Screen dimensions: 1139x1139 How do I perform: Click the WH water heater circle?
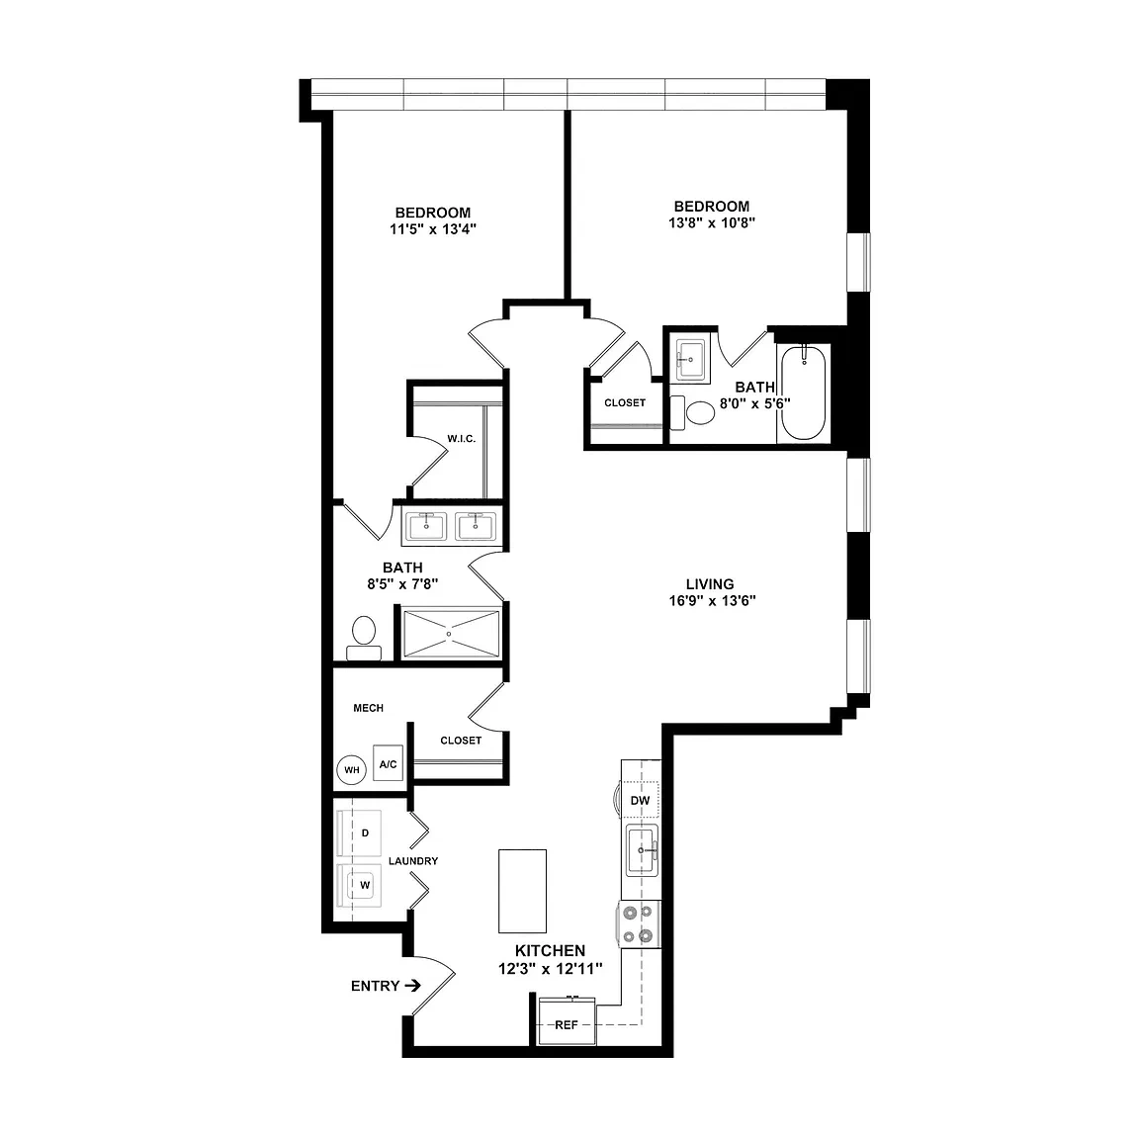(x=352, y=770)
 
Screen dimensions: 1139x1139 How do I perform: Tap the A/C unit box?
(x=388, y=763)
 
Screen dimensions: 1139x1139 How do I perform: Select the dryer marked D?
(x=359, y=833)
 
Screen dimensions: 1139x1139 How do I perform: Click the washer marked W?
(x=359, y=885)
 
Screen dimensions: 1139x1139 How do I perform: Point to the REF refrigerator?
(x=567, y=1021)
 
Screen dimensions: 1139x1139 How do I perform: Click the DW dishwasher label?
(x=640, y=801)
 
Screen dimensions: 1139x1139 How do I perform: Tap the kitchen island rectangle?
(x=522, y=891)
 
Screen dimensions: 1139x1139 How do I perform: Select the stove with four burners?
(x=640, y=924)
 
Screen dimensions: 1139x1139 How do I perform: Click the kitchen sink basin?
(x=642, y=850)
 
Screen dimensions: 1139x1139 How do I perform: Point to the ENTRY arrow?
(x=412, y=986)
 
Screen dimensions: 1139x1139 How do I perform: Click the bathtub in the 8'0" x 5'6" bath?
(x=804, y=393)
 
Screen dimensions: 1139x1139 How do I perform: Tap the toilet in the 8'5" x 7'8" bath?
(x=364, y=638)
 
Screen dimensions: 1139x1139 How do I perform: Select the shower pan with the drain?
(x=451, y=634)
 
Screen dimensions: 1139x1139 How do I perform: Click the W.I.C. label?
(x=462, y=439)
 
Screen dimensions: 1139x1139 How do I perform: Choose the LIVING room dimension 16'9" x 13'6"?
(x=713, y=601)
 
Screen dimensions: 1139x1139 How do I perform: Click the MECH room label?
(x=368, y=708)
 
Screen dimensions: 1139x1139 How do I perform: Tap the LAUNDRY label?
(x=413, y=861)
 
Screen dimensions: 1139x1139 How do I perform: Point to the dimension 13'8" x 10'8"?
(x=712, y=223)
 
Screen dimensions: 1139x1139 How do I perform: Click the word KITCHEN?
(x=550, y=950)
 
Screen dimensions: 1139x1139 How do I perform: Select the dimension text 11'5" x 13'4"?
(x=433, y=229)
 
